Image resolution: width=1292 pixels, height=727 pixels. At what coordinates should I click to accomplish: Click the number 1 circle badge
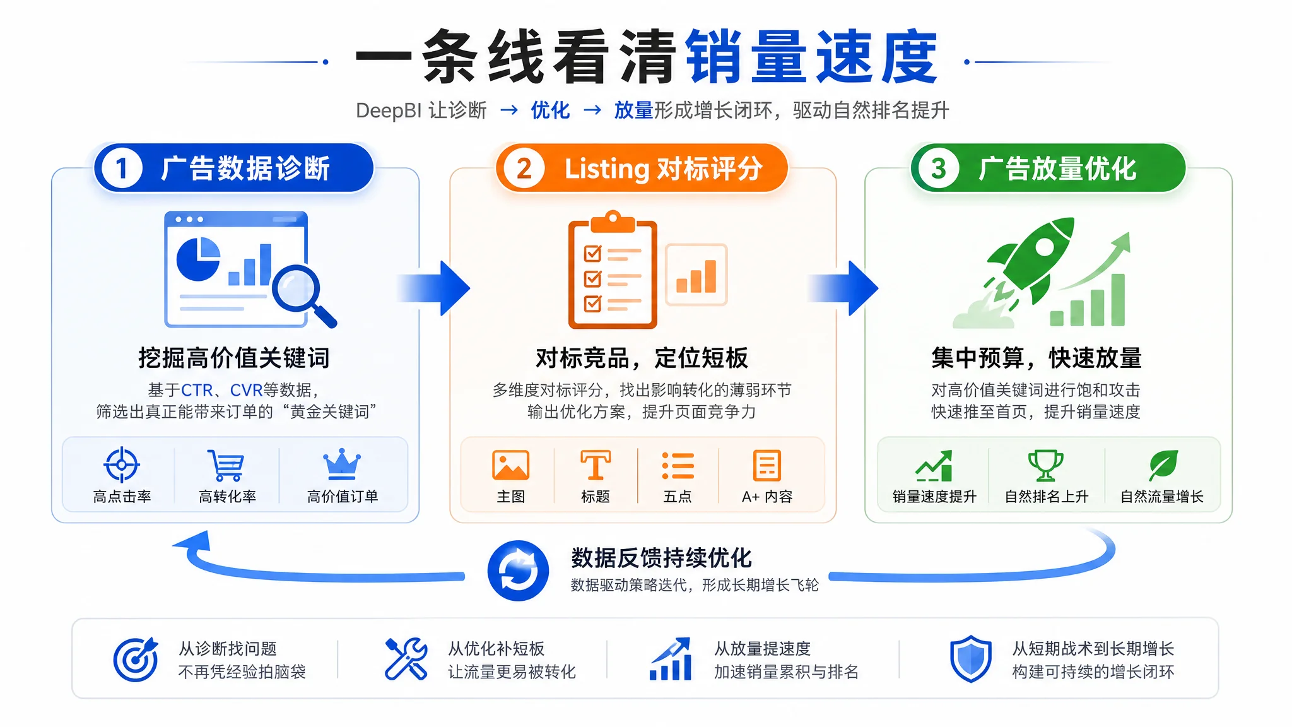(122, 168)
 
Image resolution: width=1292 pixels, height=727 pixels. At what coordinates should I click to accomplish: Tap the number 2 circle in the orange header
(524, 168)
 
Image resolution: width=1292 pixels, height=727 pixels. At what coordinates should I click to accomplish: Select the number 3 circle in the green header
(939, 168)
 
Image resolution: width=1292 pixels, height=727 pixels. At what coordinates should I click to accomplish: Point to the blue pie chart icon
(198, 259)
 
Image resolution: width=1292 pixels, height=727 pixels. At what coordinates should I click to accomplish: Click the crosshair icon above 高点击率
(122, 465)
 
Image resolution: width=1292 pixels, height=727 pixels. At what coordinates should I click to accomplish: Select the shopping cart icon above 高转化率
(225, 466)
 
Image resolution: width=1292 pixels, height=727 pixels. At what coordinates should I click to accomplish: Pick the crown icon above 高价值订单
(342, 464)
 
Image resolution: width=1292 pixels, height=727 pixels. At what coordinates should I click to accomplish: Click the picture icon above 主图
(510, 466)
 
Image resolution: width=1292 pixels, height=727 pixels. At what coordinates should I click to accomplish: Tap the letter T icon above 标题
(596, 466)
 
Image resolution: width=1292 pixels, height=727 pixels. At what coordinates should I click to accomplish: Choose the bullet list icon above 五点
(678, 466)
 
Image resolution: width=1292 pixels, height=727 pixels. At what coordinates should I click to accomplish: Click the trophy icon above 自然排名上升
(1046, 466)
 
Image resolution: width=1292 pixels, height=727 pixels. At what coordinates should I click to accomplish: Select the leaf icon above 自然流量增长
(1163, 466)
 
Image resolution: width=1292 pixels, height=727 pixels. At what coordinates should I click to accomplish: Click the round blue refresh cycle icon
(518, 570)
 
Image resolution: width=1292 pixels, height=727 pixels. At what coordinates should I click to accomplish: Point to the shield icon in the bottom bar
(971, 659)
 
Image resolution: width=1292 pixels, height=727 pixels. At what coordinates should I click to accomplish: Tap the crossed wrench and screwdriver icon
(406, 659)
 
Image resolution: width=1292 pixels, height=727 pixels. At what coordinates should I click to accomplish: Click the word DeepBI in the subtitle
(389, 110)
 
